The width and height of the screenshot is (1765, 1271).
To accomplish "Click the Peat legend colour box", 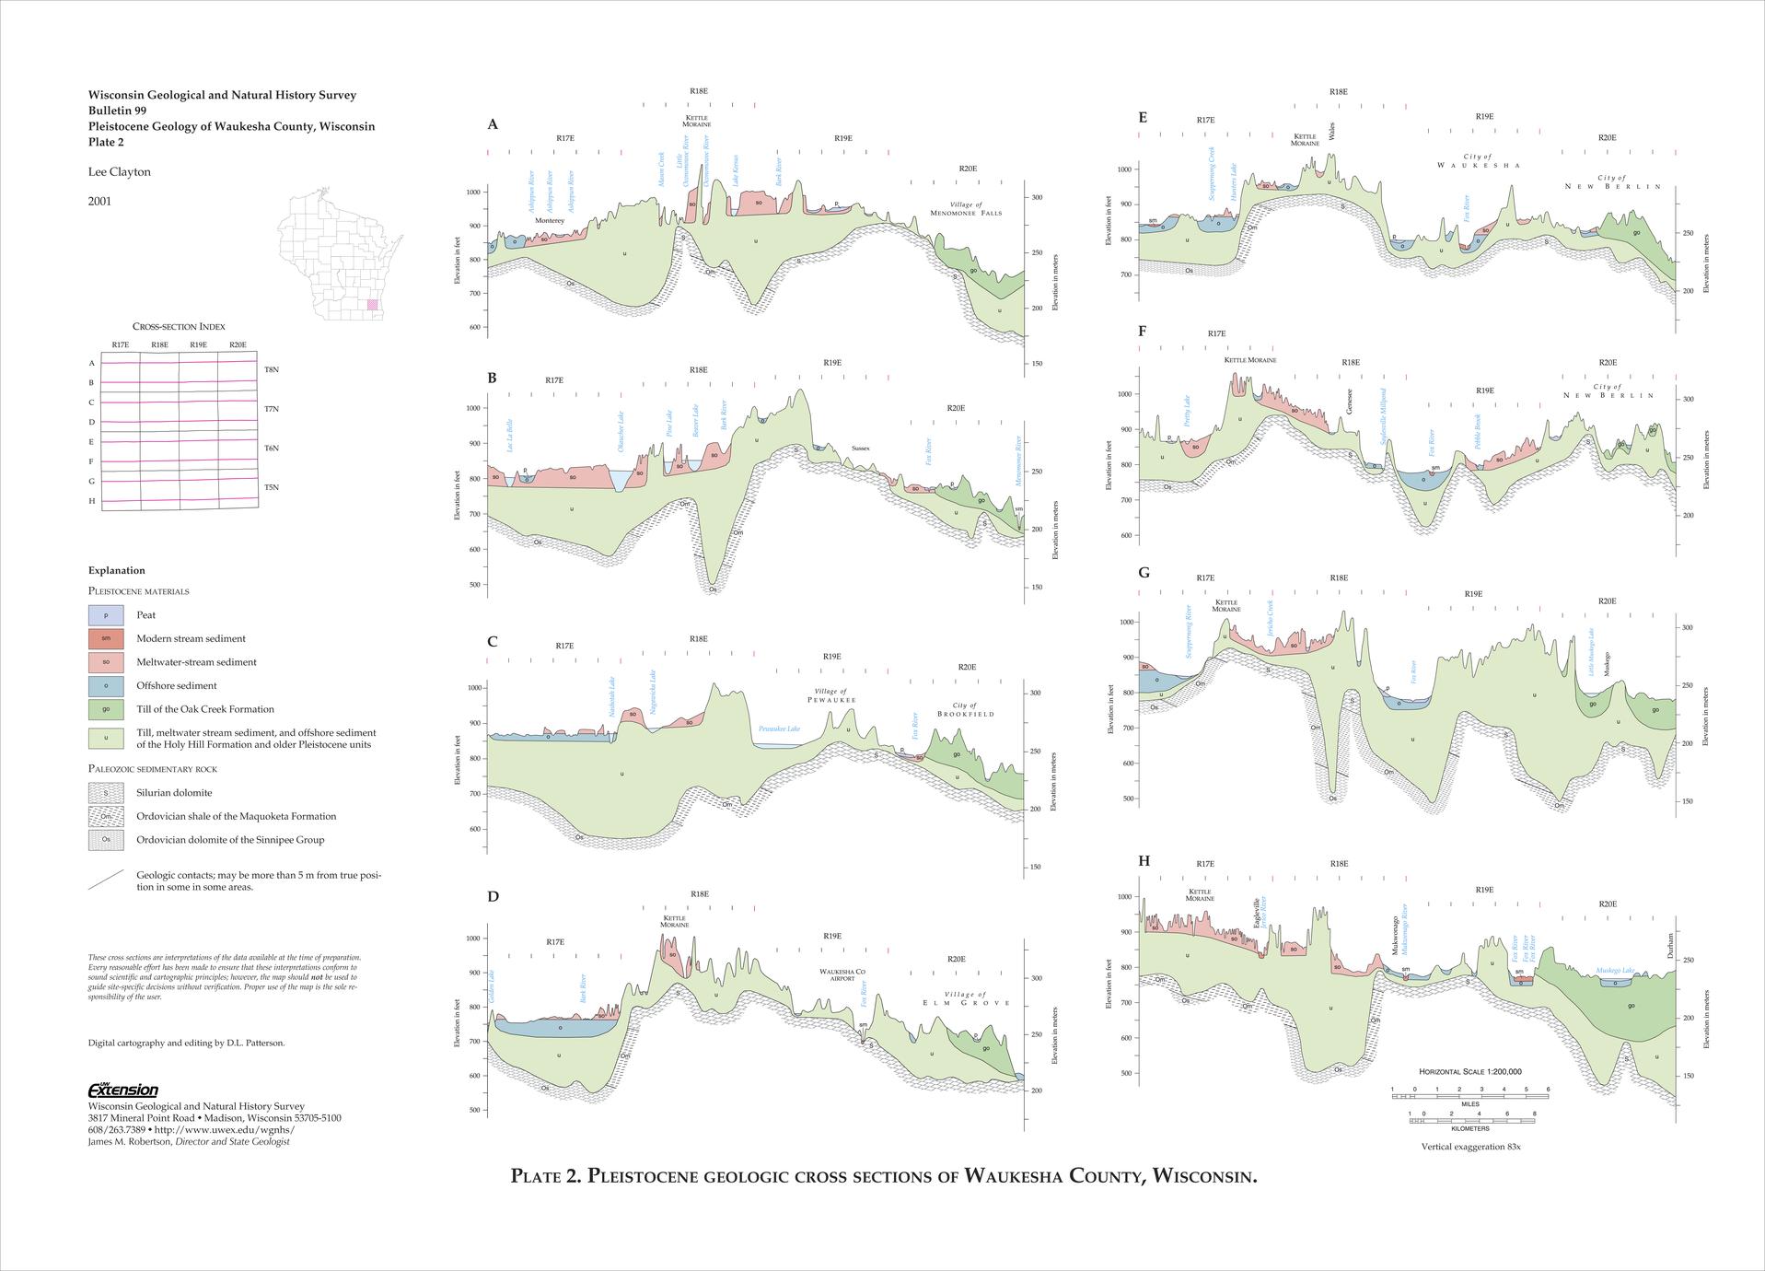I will pyautogui.click(x=106, y=614).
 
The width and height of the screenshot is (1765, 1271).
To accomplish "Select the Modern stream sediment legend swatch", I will pyautogui.click(x=106, y=638).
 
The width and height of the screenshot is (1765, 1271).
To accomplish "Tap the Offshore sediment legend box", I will pyautogui.click(x=106, y=685).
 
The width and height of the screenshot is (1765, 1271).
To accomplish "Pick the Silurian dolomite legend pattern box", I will pyautogui.click(x=106, y=792).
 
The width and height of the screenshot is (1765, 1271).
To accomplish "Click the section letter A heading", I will pyautogui.click(x=493, y=124).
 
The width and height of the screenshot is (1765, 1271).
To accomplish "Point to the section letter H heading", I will pyautogui.click(x=1144, y=861).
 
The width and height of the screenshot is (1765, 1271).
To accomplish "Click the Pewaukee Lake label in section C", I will pyautogui.click(x=779, y=729).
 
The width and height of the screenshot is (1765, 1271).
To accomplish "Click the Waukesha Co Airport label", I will pyautogui.click(x=842, y=974).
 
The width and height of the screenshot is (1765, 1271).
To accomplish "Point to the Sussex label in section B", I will pyautogui.click(x=860, y=449).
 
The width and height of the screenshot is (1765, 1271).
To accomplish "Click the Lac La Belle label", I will pyautogui.click(x=509, y=435).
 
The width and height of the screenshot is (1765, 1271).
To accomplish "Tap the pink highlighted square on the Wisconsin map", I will pyautogui.click(x=372, y=304).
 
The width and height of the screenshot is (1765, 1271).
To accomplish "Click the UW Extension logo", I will pyautogui.click(x=122, y=1090).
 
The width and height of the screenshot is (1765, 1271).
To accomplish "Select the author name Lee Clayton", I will pyautogui.click(x=119, y=172).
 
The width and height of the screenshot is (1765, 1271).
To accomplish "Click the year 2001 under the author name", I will pyautogui.click(x=99, y=201).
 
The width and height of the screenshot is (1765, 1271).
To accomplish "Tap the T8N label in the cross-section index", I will pyautogui.click(x=272, y=369).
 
